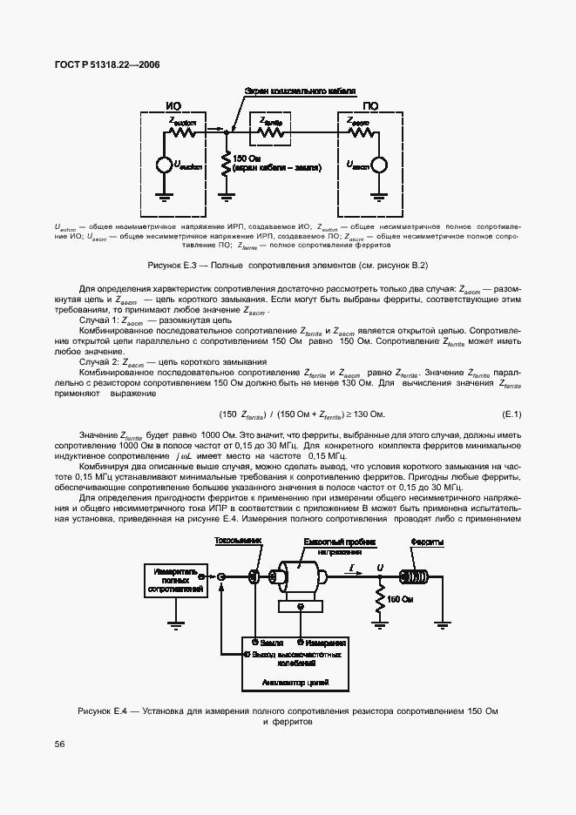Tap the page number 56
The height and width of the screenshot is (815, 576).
tap(59, 744)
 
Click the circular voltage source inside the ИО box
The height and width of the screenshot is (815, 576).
tap(163, 165)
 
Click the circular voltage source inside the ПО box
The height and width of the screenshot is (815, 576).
tap(379, 165)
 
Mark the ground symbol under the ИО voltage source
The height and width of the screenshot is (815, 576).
tap(163, 196)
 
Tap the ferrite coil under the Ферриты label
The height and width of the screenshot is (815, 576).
tap(427, 576)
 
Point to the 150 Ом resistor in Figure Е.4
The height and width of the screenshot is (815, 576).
tap(379, 599)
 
